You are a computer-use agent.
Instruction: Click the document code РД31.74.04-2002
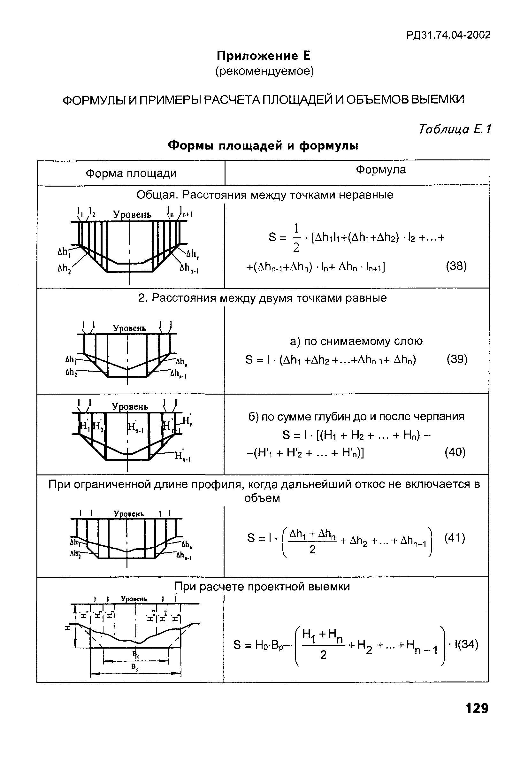click(x=448, y=35)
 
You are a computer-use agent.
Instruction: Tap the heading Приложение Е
click(x=263, y=56)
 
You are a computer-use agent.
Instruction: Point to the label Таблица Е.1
click(x=455, y=129)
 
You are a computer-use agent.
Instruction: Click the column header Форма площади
click(x=131, y=173)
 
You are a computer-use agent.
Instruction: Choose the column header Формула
click(x=381, y=170)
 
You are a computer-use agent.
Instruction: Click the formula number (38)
click(x=456, y=266)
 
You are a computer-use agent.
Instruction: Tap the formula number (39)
click(x=457, y=359)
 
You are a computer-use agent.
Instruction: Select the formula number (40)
click(x=455, y=452)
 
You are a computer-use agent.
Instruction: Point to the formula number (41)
click(x=455, y=538)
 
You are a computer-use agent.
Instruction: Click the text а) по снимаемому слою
click(x=356, y=341)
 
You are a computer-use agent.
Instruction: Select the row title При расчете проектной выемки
click(x=262, y=587)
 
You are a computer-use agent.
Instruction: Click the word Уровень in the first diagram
click(x=132, y=215)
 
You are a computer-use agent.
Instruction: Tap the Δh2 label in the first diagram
click(x=63, y=267)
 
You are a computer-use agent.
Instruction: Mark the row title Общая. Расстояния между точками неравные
click(x=265, y=195)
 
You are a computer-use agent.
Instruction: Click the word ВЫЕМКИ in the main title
click(x=438, y=99)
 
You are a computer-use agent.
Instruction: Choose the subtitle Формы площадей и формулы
click(x=263, y=145)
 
